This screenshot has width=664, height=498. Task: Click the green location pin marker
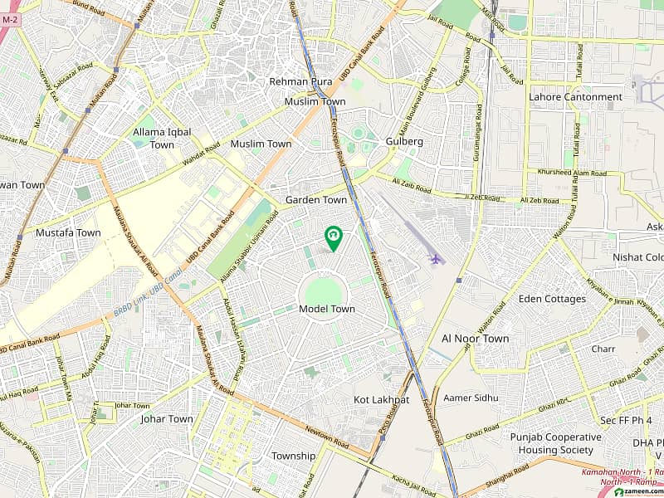coord(333,238)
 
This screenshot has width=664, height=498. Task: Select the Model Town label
coord(326,309)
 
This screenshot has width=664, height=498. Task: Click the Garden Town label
coord(316,200)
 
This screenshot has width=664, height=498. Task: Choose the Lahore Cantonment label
coord(575,97)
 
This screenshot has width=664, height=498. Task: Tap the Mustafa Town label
coord(68,233)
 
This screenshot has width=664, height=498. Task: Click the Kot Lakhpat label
coord(382,400)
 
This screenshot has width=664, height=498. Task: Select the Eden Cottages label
coord(552,299)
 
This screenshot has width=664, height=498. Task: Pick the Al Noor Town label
coord(476,339)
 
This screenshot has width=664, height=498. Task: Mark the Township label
coord(294,456)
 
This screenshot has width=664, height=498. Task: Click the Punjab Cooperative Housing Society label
coord(555,443)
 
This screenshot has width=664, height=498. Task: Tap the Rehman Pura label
coord(300,81)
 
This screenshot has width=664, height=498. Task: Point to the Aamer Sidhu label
coord(471,398)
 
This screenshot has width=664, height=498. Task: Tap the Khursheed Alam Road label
coord(572,173)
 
